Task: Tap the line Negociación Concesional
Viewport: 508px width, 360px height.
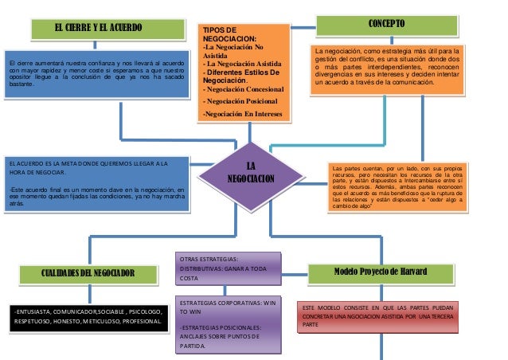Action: tap(244, 89)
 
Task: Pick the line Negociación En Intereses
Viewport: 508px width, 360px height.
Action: tap(244, 115)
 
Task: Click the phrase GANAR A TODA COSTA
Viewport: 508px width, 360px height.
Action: tap(227, 273)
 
